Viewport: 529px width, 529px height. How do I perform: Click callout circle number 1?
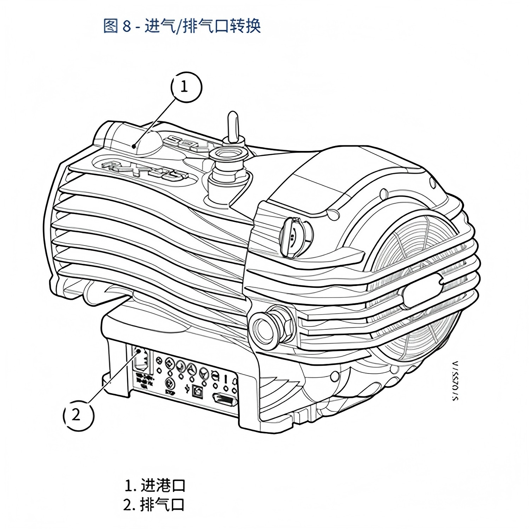pos(187,87)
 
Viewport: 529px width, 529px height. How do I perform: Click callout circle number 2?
pos(78,415)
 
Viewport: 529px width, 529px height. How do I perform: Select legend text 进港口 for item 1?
pos(163,486)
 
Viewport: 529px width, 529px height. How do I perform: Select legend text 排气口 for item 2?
pos(162,505)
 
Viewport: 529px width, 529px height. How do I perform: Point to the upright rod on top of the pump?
pos(233,127)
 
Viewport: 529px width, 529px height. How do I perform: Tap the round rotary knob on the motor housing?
pos(293,236)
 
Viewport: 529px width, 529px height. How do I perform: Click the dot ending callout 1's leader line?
pos(134,146)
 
